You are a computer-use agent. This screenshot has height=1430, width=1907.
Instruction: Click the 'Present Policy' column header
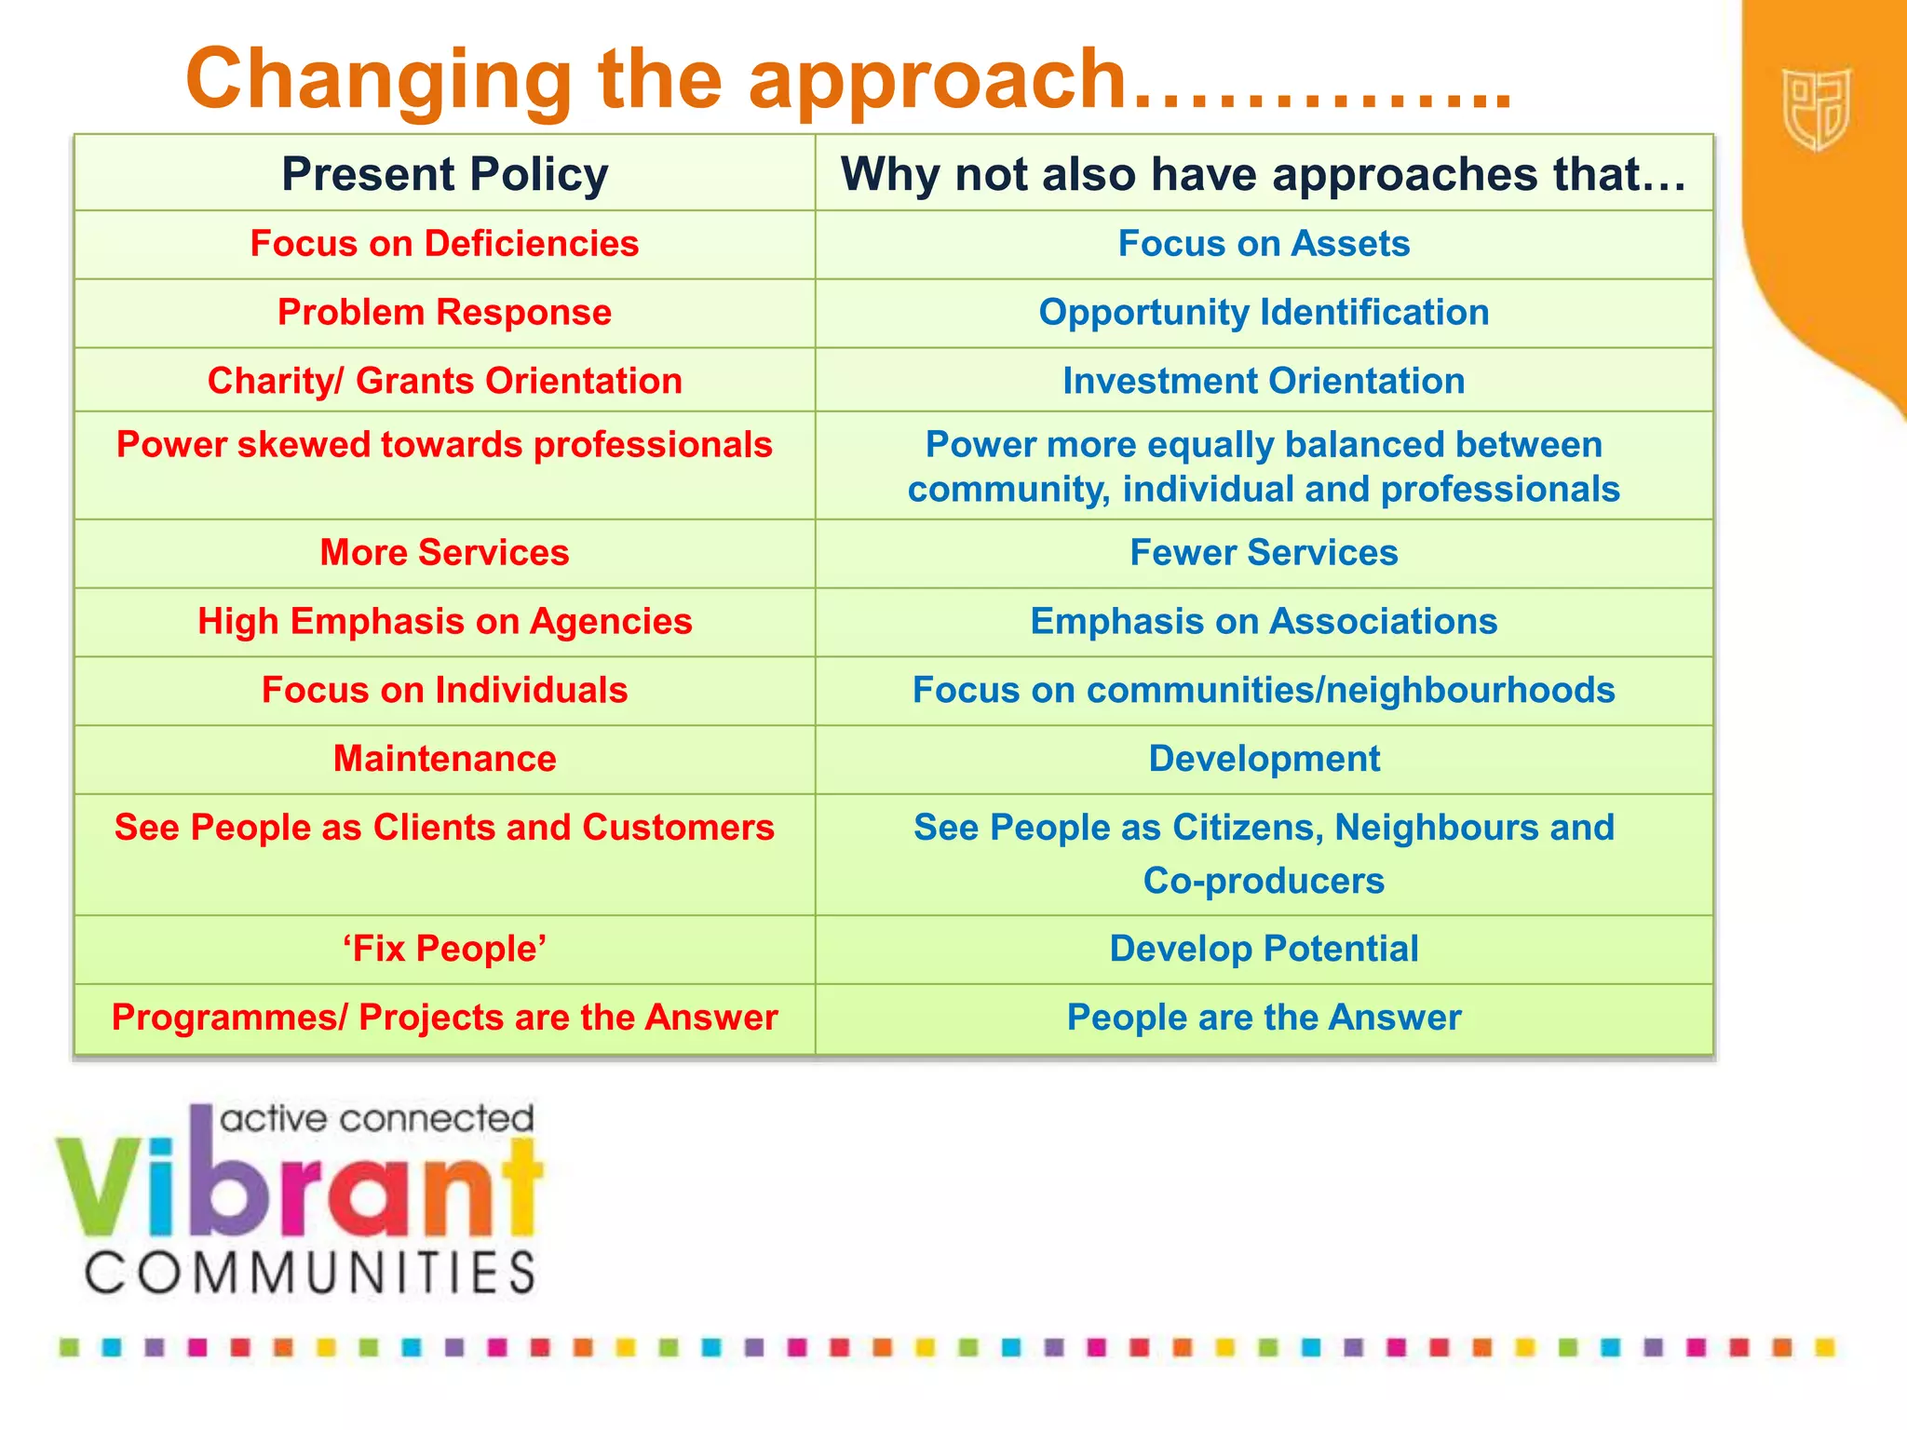444,174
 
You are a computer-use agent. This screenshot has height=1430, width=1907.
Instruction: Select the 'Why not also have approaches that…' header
1264,174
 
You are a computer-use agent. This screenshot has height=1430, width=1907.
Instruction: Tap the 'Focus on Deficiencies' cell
444,244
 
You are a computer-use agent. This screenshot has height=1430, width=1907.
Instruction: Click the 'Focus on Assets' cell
1264,244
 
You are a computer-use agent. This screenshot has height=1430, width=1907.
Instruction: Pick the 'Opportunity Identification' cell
1264,313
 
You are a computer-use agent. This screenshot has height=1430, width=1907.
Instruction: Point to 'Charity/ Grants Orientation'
444,381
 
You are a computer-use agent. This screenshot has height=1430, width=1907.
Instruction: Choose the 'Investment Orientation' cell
1264,381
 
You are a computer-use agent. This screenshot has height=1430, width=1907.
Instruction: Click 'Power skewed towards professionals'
444,445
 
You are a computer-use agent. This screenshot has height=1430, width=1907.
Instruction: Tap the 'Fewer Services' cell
1264,553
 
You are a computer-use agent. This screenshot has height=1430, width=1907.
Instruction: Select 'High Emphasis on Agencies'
444,621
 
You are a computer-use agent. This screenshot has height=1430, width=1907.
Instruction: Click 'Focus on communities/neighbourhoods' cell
1264,690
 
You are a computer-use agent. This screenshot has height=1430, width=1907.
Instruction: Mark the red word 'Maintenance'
444,759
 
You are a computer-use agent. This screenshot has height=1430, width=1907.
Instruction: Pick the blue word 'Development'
1264,759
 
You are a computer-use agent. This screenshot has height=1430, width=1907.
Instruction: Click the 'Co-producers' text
1264,881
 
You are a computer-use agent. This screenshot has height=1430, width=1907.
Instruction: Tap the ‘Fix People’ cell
444,949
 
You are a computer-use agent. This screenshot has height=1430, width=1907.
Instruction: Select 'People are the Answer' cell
1264,1018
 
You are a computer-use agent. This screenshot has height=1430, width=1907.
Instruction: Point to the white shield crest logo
1816,110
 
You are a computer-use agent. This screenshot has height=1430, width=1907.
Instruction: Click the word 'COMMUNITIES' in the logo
311,1273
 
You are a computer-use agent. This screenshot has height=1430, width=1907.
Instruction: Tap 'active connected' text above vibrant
376,1118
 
